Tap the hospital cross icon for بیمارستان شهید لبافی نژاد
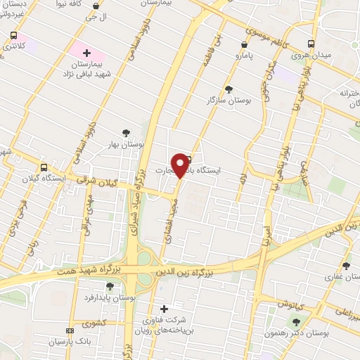87,53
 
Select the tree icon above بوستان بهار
126,132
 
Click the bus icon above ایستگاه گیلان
44,167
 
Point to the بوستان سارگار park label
229,101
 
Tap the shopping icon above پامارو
243,45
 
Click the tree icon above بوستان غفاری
345,266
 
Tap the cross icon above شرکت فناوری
165,309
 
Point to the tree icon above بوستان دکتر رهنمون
295,321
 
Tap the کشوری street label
93,324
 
